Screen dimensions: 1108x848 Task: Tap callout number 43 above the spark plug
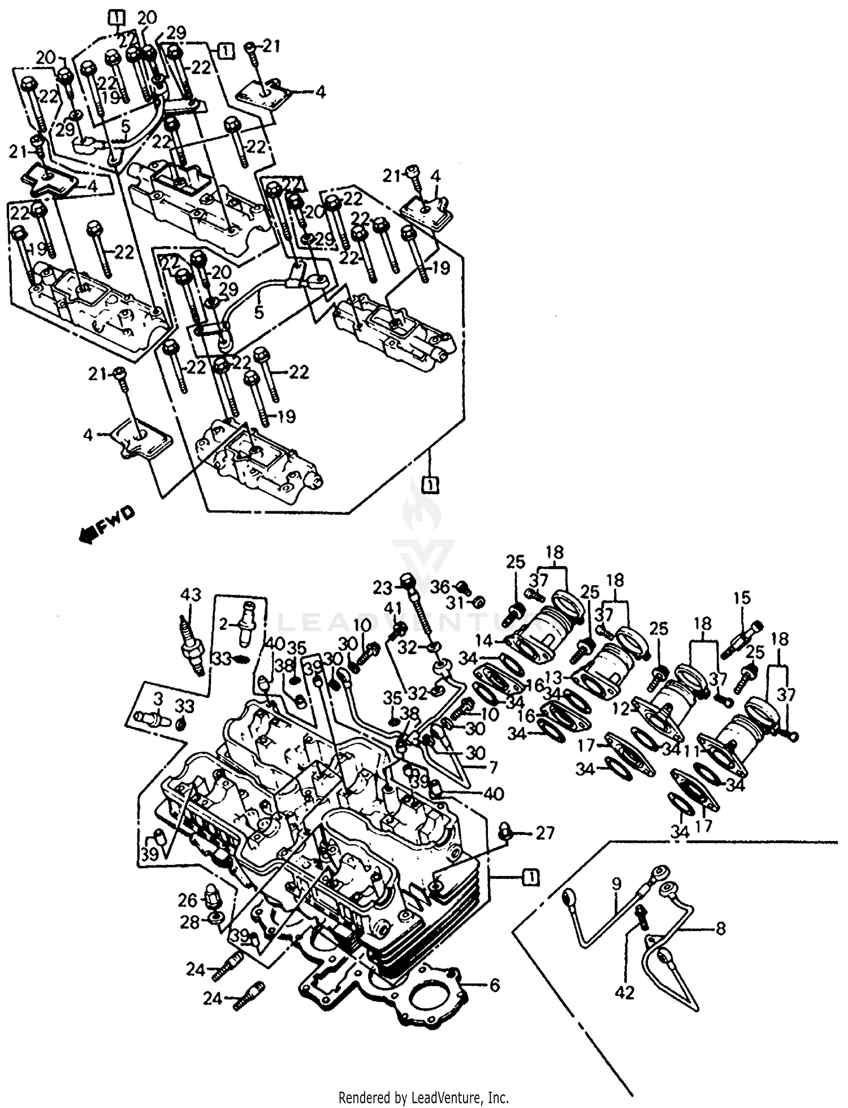click(x=191, y=595)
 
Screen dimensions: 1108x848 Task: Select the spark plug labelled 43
click(x=193, y=645)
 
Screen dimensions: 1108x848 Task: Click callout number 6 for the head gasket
click(x=494, y=985)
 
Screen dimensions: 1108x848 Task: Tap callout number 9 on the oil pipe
click(x=616, y=883)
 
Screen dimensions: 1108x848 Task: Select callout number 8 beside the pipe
click(x=720, y=929)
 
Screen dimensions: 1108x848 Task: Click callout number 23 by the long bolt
click(x=382, y=588)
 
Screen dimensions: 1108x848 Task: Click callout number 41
click(x=393, y=609)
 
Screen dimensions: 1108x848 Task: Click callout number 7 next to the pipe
click(x=493, y=768)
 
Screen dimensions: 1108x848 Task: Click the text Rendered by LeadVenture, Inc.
click(x=423, y=1098)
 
